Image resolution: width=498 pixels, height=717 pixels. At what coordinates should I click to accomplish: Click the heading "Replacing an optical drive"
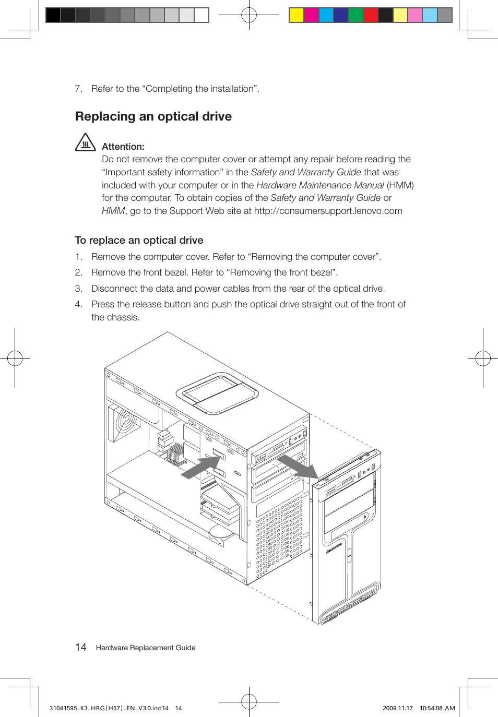[x=153, y=116]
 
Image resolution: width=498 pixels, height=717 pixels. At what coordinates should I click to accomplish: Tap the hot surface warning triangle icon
[x=85, y=142]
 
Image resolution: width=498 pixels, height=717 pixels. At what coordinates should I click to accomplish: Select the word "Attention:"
[x=123, y=147]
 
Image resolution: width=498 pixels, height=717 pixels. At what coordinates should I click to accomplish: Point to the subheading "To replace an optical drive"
[x=139, y=240]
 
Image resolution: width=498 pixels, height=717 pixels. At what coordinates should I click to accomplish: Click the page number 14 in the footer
[x=81, y=648]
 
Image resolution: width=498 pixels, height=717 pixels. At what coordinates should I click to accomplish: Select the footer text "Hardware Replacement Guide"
[x=146, y=648]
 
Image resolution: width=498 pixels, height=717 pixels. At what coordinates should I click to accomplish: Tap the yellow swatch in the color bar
[x=297, y=15]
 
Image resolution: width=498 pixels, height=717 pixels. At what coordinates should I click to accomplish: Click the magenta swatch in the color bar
[x=311, y=15]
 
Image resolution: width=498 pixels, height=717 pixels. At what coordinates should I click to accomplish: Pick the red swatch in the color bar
[x=371, y=15]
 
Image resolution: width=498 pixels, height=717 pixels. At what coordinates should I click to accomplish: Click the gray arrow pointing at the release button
[x=201, y=466]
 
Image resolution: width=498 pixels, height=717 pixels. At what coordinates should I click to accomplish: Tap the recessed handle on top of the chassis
[x=217, y=393]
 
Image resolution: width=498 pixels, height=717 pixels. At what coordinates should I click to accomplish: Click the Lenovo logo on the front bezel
[x=334, y=548]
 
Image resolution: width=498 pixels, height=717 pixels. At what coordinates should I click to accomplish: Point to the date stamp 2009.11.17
[x=397, y=708]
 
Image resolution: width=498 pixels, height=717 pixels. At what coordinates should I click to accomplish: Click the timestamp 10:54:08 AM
[x=437, y=708]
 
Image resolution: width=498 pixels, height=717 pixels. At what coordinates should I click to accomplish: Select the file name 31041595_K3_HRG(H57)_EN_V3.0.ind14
[x=109, y=708]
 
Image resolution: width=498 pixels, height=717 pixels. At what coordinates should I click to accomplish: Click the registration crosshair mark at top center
[x=249, y=15]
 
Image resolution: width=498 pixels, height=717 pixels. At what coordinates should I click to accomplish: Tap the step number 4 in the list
[x=78, y=304]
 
